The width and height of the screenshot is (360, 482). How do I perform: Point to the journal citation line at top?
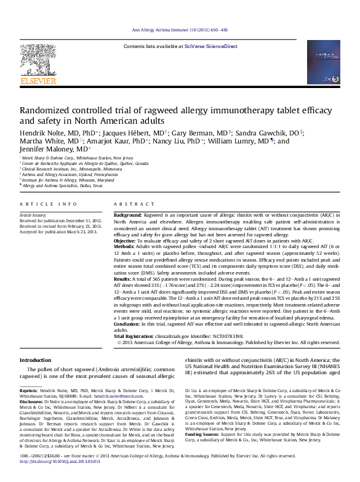pyautogui.click(x=180, y=30)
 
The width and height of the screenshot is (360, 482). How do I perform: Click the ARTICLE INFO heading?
pyautogui.click(x=49, y=203)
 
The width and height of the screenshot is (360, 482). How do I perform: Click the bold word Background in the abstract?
pyautogui.click(x=127, y=214)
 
